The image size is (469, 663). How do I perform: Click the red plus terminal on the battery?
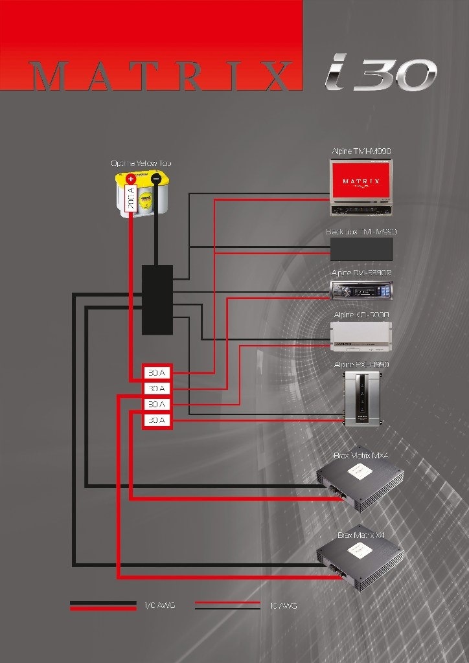tap(131, 179)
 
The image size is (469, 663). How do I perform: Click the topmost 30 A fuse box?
tap(157, 373)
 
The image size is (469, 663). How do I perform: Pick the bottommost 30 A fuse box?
tap(157, 420)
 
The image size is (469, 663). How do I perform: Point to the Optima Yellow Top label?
tap(141, 163)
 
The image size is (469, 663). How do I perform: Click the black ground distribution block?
tap(157, 299)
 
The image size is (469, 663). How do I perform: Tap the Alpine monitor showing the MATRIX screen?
tap(360, 186)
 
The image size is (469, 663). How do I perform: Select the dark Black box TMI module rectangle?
tap(361, 249)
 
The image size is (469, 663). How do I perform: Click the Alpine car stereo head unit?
tap(361, 291)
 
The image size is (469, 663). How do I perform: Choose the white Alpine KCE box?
tap(361, 336)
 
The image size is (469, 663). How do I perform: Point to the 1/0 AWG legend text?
tap(159, 605)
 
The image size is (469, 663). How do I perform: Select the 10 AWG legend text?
tap(283, 605)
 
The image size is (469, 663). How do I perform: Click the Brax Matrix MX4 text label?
tap(361, 455)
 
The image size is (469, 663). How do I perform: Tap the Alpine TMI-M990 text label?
tap(361, 151)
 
